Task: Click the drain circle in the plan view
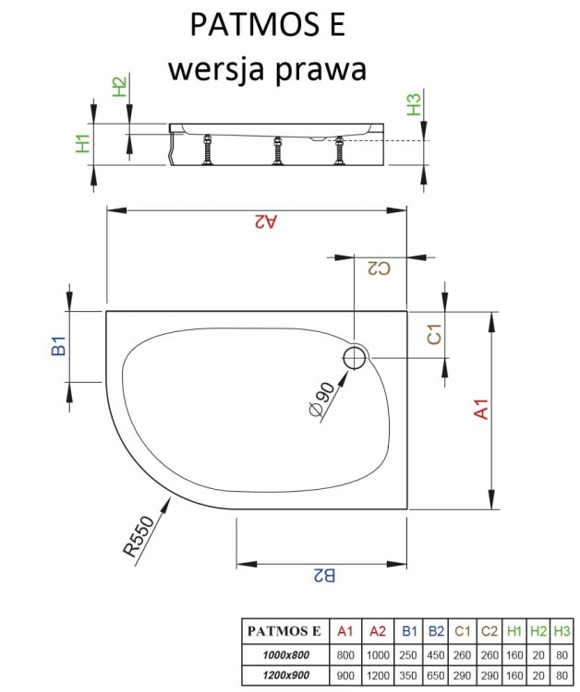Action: tap(356, 359)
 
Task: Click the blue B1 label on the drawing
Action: tap(58, 347)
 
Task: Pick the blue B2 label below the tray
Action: tap(323, 576)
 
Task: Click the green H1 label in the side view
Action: tap(83, 143)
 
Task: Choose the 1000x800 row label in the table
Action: tap(281, 654)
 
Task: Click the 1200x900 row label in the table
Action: tap(281, 674)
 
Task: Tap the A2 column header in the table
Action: tap(377, 632)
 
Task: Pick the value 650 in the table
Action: tap(436, 674)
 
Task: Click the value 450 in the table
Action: tap(436, 654)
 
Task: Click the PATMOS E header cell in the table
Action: tap(283, 632)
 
